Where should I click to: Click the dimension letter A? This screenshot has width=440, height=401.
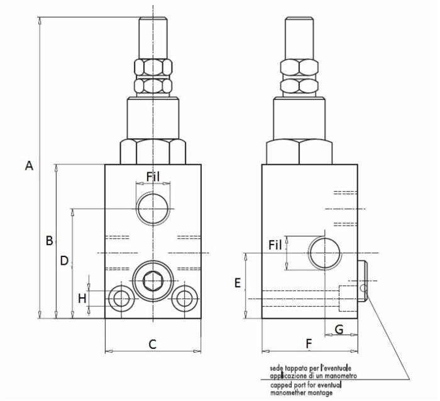point(28,166)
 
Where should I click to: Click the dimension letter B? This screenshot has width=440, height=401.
point(48,241)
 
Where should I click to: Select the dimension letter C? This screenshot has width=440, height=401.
point(151,344)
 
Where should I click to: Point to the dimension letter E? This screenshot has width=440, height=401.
point(238,283)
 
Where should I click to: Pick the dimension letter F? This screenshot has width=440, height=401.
point(308,344)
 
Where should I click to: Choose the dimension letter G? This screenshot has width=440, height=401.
point(339,328)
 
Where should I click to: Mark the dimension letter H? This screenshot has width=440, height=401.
point(82,298)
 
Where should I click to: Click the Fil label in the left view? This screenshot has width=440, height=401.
point(153,177)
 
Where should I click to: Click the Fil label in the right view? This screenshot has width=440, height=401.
point(275,245)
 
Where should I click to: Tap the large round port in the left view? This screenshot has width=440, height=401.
point(153,208)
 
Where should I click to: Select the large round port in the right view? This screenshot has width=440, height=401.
point(325,253)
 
